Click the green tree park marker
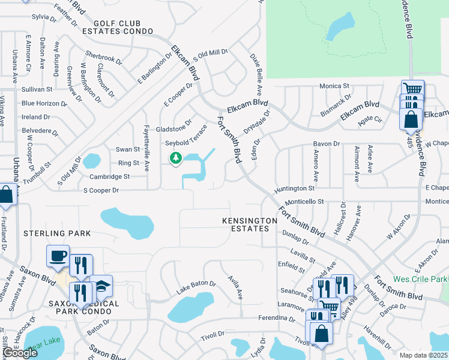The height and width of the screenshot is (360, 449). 176,158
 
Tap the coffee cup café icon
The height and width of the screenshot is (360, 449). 58,256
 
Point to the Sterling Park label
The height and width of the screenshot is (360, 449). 56,233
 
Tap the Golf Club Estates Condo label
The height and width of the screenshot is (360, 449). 118,26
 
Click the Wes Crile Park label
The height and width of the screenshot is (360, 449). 420,280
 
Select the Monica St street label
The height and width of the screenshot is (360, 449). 334,86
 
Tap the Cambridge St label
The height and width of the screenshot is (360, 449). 109,177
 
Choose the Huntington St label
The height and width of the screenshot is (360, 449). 295,189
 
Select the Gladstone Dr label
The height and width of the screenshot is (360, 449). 173,122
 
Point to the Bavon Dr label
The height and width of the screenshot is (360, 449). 327,144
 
